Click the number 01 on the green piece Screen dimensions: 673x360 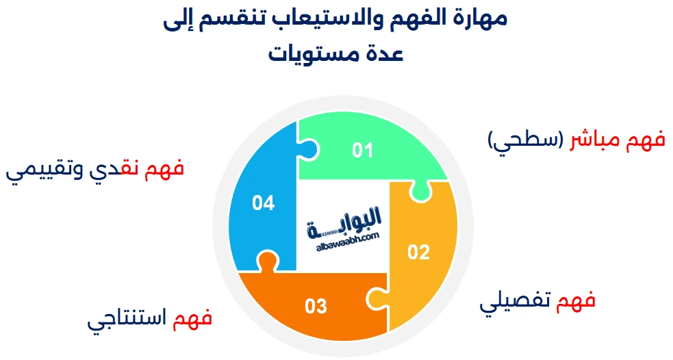click(362, 150)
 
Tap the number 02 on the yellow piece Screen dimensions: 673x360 click(418, 252)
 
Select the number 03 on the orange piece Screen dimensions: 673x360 click(316, 307)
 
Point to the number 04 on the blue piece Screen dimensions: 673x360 click(263, 203)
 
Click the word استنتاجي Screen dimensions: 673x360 click(127, 319)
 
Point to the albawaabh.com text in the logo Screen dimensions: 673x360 click(348, 242)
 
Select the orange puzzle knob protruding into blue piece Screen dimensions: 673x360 click(268, 261)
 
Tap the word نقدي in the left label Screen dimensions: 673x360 click(114, 168)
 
